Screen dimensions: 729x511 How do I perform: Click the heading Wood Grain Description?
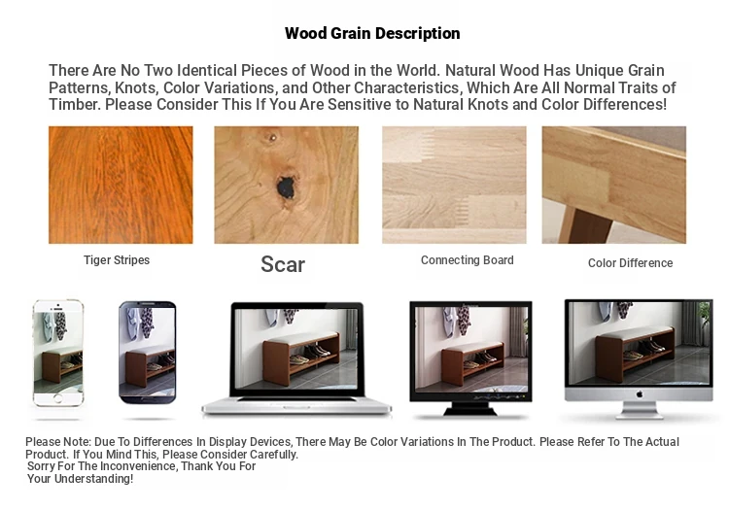(372, 33)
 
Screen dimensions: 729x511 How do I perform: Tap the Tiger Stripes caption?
(117, 260)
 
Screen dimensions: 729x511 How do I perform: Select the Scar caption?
(283, 264)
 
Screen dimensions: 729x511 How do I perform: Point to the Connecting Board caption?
(468, 260)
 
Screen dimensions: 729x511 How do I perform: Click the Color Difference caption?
(631, 263)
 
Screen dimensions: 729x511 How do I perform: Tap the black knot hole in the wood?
(287, 187)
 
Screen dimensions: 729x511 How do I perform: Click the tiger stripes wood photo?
(121, 185)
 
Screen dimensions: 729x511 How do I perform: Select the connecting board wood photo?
(454, 185)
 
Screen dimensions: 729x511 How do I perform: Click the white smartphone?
(58, 353)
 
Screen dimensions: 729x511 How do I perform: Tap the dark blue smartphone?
(148, 353)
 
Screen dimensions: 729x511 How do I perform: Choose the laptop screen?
(297, 349)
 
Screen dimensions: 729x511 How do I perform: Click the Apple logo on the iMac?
(640, 394)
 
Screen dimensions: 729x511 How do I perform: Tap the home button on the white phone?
(57, 398)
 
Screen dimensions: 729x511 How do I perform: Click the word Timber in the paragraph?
(75, 105)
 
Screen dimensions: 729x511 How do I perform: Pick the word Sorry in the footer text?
(41, 466)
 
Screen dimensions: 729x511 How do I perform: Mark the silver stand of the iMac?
(640, 410)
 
